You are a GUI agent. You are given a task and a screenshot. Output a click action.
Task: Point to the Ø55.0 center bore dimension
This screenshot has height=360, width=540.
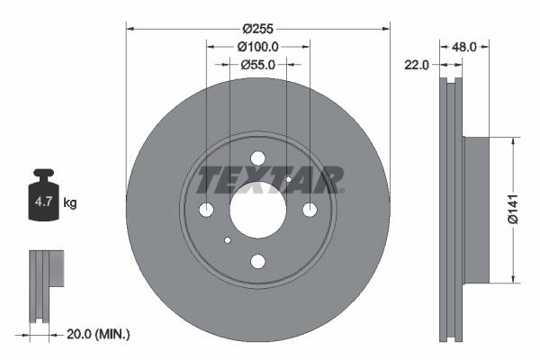[x=258, y=65]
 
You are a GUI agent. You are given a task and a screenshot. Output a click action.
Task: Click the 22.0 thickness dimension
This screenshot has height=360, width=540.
[x=416, y=65]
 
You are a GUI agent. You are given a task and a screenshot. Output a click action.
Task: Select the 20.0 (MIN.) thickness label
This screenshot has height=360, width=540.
[x=99, y=334]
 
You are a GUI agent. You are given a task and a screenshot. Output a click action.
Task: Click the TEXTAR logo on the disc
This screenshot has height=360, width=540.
[x=268, y=179]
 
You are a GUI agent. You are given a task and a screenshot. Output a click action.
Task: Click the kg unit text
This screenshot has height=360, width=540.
[x=70, y=203]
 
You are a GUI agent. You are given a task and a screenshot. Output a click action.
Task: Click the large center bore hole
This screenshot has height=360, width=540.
[x=258, y=210]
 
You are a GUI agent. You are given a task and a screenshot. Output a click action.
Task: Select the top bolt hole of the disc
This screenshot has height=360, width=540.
[x=258, y=158]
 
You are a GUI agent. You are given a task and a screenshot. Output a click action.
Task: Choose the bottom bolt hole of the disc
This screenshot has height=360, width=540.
[x=258, y=262]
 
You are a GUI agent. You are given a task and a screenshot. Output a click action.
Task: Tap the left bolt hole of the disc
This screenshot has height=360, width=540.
[x=206, y=210]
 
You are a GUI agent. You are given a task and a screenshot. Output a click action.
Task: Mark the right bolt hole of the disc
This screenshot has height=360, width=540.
[x=310, y=210]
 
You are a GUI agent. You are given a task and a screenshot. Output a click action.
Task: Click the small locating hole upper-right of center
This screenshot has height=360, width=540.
[x=288, y=179]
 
